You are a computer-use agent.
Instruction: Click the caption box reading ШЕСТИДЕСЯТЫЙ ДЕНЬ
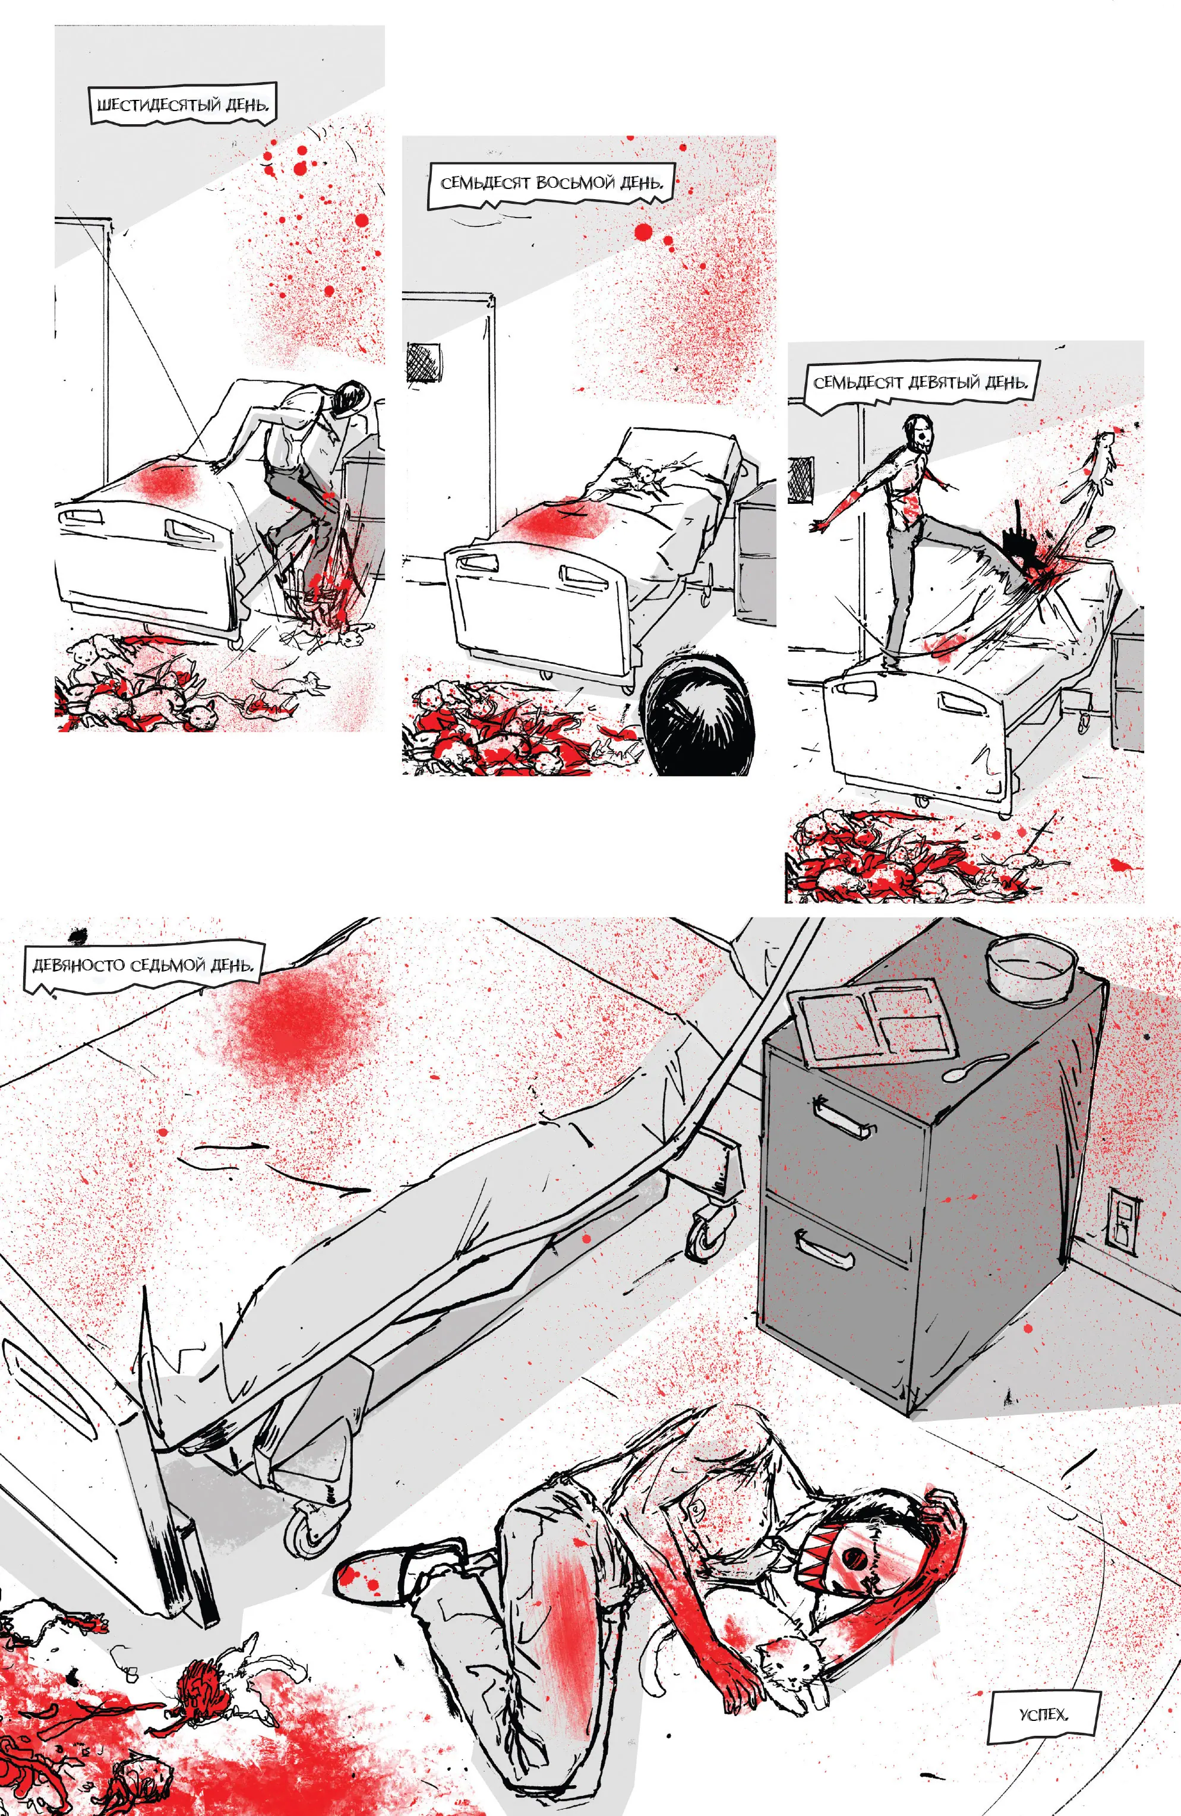(182, 104)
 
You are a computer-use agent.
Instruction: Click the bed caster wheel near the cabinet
(708, 1235)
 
